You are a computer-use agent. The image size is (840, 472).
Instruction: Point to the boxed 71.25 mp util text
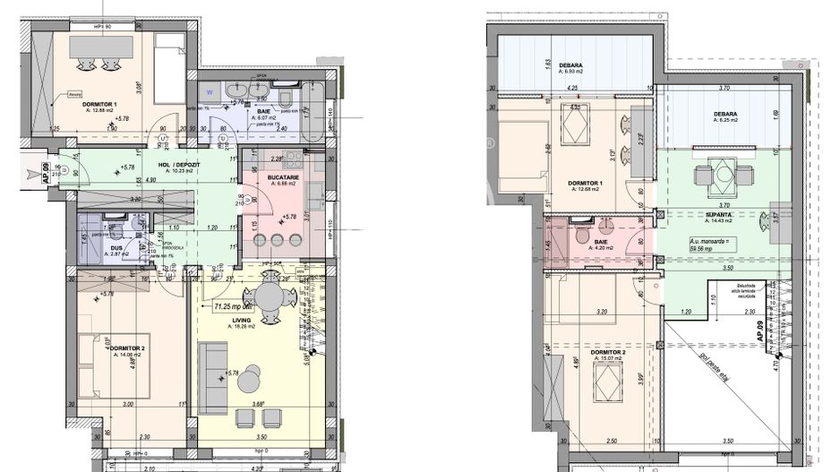coord(234,307)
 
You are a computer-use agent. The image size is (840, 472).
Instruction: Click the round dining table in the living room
coord(268,296)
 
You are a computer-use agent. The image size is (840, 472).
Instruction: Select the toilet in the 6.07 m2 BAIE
coord(282,95)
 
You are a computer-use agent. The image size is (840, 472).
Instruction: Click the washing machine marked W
coord(209,91)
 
